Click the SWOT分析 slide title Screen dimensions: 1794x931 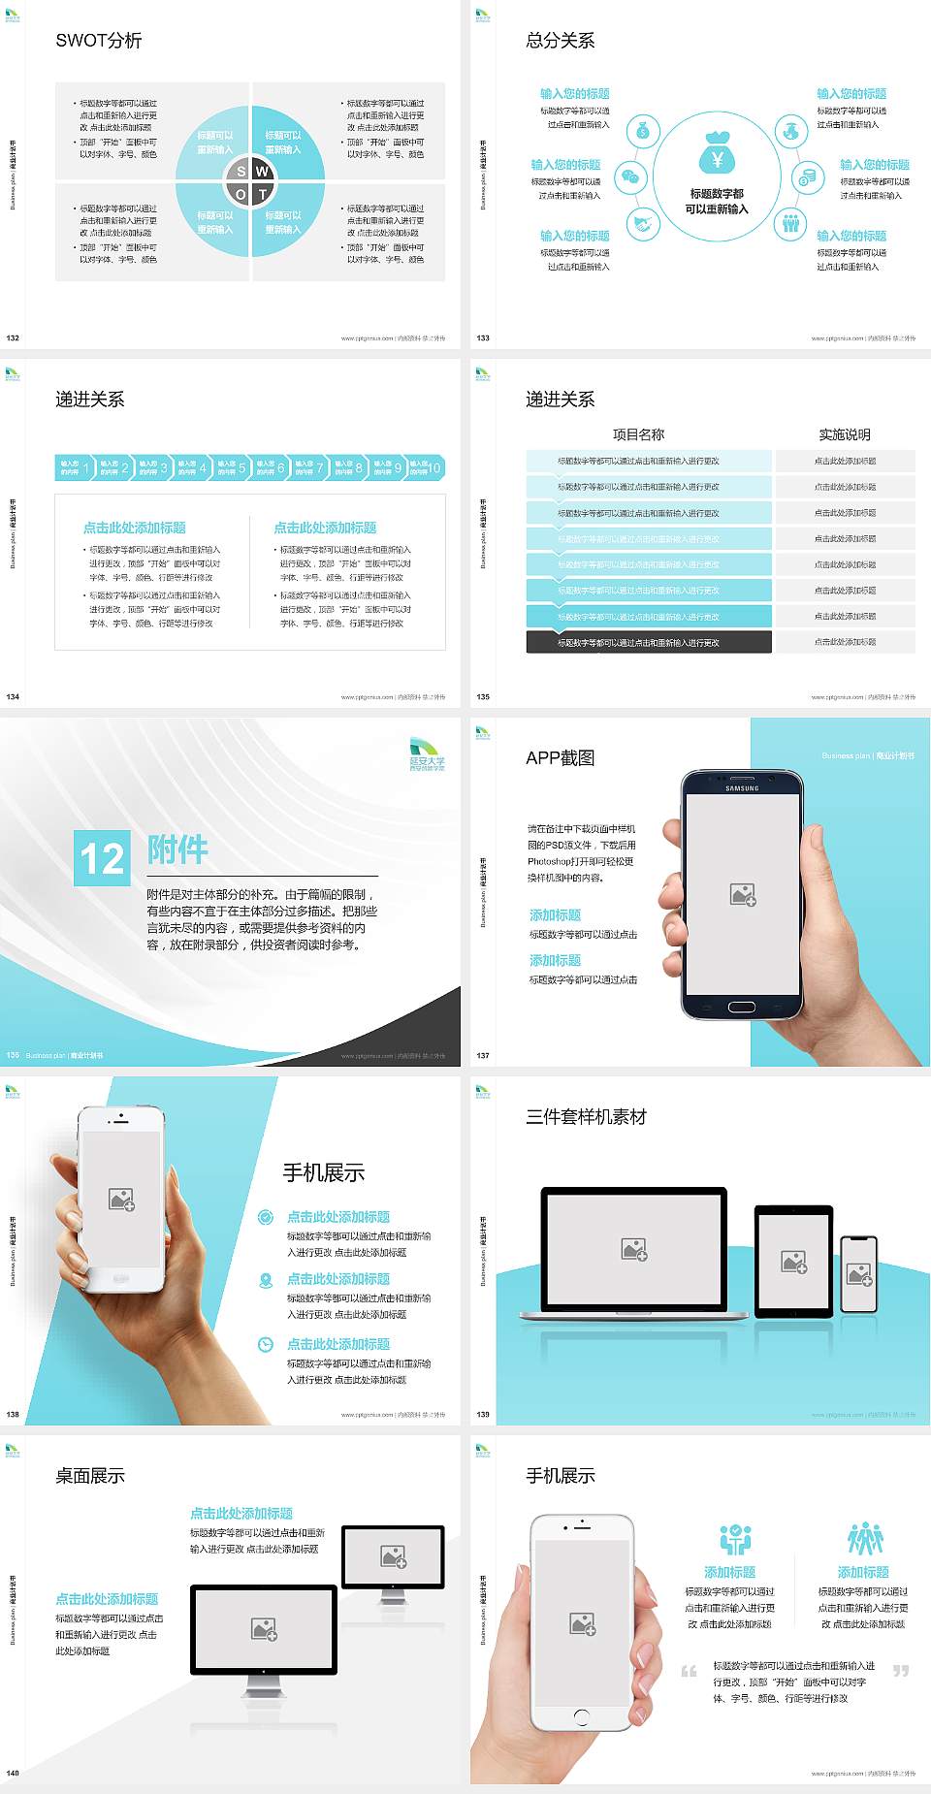[x=99, y=41]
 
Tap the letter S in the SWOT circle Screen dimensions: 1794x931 [x=241, y=172]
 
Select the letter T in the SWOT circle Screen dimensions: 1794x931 [x=263, y=194]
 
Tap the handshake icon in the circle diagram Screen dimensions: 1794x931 [x=642, y=225]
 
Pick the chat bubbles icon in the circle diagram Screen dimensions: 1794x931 [x=632, y=177]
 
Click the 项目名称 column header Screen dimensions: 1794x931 [x=638, y=434]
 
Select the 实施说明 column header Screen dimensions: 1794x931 [x=845, y=434]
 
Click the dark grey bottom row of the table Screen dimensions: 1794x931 [x=649, y=642]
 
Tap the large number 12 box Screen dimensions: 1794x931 [x=102, y=858]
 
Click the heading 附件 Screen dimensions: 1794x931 [x=178, y=849]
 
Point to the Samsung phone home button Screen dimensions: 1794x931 [x=742, y=1007]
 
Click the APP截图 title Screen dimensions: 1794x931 [x=560, y=758]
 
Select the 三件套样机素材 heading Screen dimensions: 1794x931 [x=586, y=1117]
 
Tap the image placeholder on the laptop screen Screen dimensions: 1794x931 [x=634, y=1249]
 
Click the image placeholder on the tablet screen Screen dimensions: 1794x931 [x=794, y=1262]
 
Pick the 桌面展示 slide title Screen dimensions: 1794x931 [x=90, y=1476]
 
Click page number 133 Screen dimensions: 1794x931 [x=483, y=338]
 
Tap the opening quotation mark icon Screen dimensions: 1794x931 [x=689, y=1671]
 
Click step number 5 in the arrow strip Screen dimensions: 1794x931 [x=241, y=467]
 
